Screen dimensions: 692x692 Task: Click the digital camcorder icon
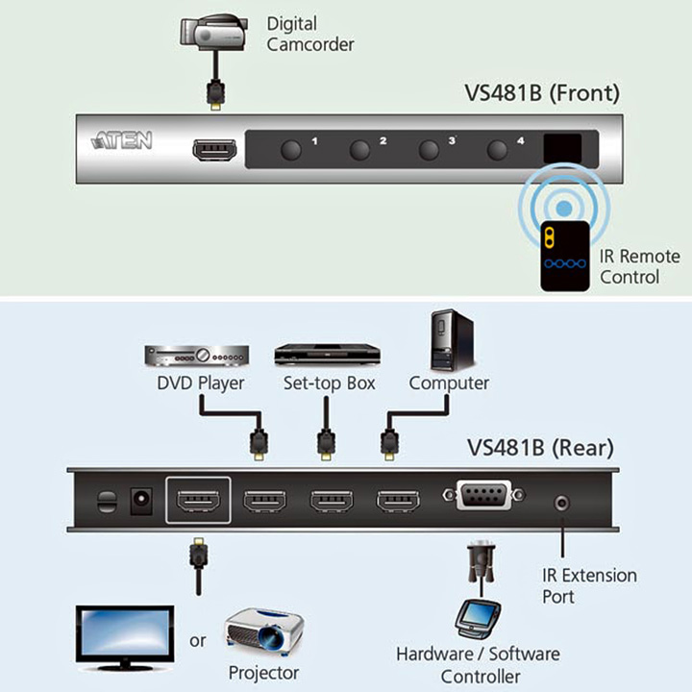click(x=213, y=32)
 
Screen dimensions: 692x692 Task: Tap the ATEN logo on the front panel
click(x=122, y=140)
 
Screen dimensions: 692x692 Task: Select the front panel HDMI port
click(x=214, y=150)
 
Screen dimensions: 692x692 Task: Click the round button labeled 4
click(x=498, y=150)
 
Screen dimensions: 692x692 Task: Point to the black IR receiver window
click(x=562, y=149)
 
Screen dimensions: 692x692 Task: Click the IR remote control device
click(x=565, y=256)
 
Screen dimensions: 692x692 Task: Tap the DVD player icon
click(x=197, y=356)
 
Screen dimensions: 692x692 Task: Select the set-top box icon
click(x=327, y=355)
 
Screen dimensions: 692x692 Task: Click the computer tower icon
click(x=452, y=340)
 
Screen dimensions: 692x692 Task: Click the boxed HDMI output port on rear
click(x=198, y=501)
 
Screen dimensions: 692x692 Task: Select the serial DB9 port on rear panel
click(x=484, y=495)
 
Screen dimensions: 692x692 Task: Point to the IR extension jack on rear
click(x=562, y=503)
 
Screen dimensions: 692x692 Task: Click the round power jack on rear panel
click(x=141, y=501)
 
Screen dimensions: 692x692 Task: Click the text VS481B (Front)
click(x=542, y=92)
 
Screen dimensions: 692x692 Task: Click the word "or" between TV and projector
click(x=198, y=640)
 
